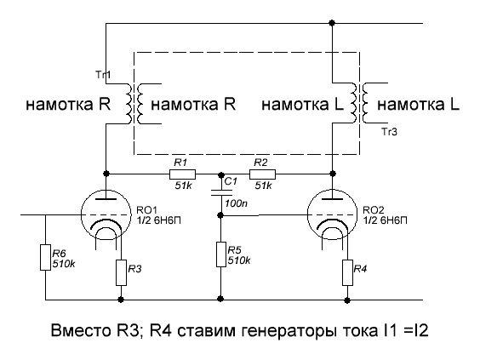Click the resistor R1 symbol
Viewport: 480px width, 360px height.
point(182,174)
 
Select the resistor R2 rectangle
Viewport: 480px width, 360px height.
point(262,174)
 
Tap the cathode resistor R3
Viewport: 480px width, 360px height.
point(121,272)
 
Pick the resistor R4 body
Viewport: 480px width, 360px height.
point(347,272)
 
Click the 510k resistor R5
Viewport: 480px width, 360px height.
point(221,254)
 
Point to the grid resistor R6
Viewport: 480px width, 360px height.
point(46,258)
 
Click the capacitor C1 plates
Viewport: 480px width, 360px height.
point(221,192)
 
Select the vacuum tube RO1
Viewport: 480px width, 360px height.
point(106,214)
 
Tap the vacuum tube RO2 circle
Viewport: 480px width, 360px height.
point(333,214)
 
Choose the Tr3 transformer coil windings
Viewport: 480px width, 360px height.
point(359,103)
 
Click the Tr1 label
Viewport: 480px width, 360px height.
point(103,74)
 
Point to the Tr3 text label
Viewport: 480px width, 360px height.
point(390,132)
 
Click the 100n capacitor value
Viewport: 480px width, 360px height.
point(237,203)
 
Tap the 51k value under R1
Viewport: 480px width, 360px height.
point(183,186)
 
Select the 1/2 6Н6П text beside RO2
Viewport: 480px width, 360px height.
point(385,220)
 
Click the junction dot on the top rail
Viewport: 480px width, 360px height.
point(332,23)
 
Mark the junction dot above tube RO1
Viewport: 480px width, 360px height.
point(106,174)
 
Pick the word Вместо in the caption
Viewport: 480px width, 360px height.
point(80,330)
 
